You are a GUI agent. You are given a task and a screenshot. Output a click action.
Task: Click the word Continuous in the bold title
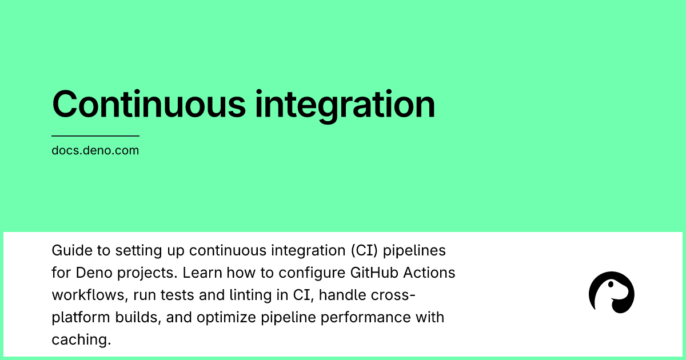coord(149,104)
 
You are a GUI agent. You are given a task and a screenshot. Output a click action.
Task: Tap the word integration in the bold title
coord(345,106)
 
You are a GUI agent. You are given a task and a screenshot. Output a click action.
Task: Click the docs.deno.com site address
coord(95,150)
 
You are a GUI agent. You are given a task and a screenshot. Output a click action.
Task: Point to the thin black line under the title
coord(95,136)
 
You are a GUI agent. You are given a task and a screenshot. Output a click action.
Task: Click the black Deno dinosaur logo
coord(611,293)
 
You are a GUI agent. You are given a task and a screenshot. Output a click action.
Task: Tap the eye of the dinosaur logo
coord(611,285)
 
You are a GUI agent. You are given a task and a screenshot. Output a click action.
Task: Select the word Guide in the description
coord(72,250)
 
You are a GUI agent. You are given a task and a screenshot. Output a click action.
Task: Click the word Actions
coord(429,273)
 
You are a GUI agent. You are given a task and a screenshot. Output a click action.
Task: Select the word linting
coord(250,295)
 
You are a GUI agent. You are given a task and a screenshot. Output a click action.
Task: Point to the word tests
coord(177,295)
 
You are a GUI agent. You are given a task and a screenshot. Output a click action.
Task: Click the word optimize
coord(226,318)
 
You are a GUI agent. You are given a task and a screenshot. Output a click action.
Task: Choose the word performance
coord(365,318)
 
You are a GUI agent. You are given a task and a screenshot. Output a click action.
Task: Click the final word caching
coord(81,340)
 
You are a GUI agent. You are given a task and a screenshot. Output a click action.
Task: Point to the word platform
coord(81,318)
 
